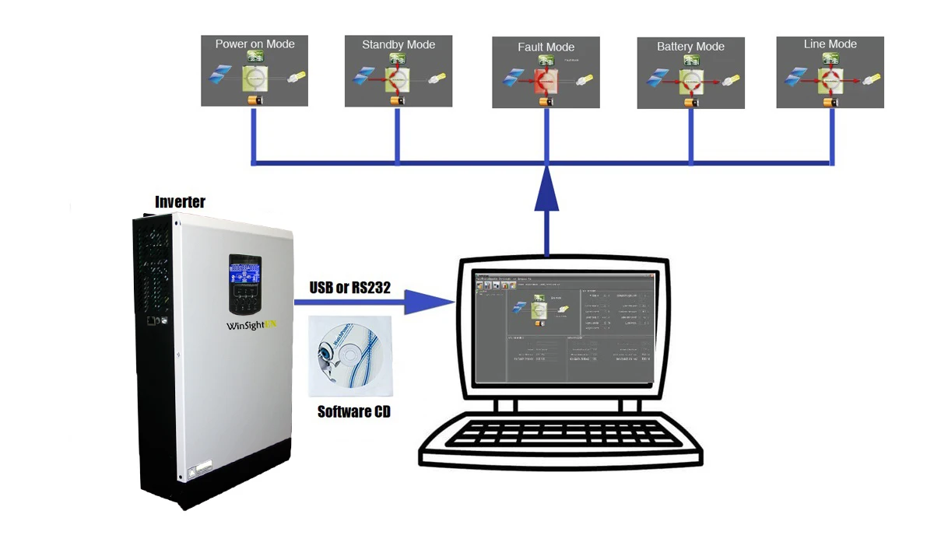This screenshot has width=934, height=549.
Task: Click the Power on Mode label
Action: coord(255,44)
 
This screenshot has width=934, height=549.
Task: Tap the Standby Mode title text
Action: coord(398,45)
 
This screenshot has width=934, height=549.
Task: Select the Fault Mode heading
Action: coord(546,47)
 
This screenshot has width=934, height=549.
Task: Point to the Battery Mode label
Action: coord(690,47)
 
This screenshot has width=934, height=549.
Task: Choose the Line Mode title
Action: coord(830,44)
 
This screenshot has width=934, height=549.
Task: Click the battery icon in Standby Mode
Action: coord(399,100)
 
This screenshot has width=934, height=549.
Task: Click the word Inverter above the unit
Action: coord(180,202)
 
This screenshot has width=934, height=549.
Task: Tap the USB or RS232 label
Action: coord(349,287)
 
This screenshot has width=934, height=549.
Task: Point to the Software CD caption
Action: coord(354,411)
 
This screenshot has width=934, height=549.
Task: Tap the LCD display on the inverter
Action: coord(244,274)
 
